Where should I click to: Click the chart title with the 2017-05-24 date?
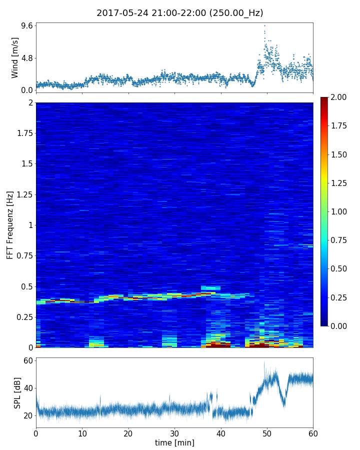(x=180, y=13)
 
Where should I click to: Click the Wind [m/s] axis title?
(x=15, y=57)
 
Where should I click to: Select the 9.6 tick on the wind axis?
(x=26, y=25)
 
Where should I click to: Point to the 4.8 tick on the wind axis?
(x=26, y=58)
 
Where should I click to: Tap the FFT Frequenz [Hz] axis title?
(x=10, y=224)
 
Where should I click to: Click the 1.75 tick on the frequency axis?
(x=23, y=133)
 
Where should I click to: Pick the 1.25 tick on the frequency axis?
(x=23, y=194)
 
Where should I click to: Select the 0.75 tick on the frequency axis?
(x=23, y=256)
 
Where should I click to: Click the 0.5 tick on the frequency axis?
(x=26, y=286)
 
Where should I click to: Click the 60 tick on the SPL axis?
(x=28, y=361)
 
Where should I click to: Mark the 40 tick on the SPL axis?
(x=28, y=388)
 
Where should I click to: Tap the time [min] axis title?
(x=174, y=443)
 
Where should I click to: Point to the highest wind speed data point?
(x=264, y=25)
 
